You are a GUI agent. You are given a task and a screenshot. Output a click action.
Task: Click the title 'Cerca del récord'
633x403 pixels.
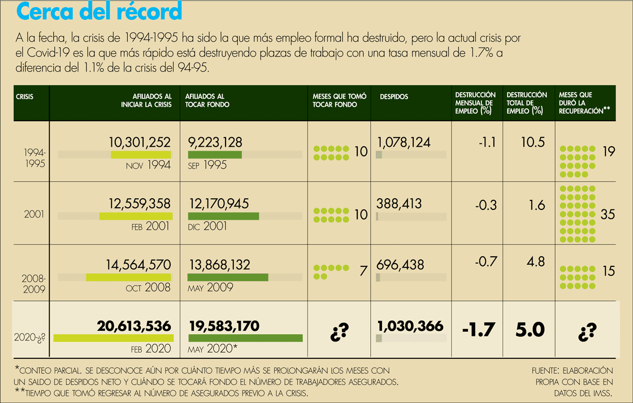pyautogui.click(x=99, y=12)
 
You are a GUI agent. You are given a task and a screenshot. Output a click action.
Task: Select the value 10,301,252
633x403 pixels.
pyautogui.click(x=140, y=142)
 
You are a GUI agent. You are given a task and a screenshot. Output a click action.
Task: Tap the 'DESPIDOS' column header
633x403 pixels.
pyautogui.click(x=394, y=97)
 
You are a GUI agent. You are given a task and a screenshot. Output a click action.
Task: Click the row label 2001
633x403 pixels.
pyautogui.click(x=34, y=215)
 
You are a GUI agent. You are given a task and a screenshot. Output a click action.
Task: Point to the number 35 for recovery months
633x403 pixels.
pyautogui.click(x=608, y=214)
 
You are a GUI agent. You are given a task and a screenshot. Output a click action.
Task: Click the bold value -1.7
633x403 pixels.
pyautogui.click(x=478, y=329)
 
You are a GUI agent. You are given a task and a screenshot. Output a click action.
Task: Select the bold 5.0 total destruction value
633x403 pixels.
pyautogui.click(x=530, y=329)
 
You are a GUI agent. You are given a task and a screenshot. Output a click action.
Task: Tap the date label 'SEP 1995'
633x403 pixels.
pyautogui.click(x=207, y=165)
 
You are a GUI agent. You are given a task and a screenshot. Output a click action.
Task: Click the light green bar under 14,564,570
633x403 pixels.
pyautogui.click(x=129, y=277)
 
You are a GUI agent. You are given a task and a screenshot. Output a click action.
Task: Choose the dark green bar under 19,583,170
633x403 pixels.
pyautogui.click(x=245, y=338)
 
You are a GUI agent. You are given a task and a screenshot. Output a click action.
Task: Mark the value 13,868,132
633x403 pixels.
pyautogui.click(x=219, y=264)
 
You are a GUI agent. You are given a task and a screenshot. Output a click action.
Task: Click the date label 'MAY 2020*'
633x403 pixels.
pyautogui.click(x=213, y=349)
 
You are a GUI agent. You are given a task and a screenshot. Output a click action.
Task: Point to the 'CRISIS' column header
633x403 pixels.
pyautogui.click(x=24, y=97)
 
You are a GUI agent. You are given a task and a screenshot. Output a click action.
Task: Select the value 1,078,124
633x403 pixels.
pyautogui.click(x=404, y=142)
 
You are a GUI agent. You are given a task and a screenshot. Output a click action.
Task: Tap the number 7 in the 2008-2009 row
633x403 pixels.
pyautogui.click(x=363, y=271)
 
